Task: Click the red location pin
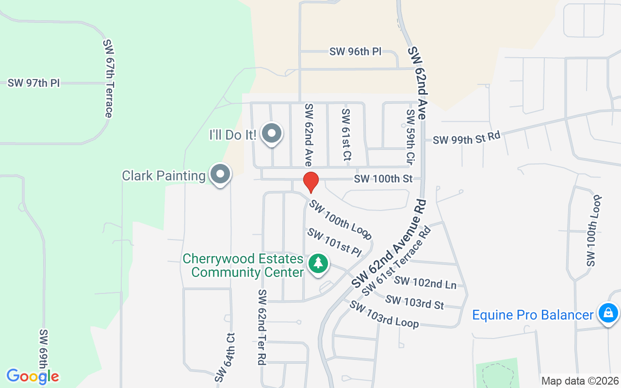(310, 182)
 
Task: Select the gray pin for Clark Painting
(220, 174)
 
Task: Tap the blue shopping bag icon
(607, 313)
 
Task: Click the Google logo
(33, 376)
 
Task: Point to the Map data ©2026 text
(580, 381)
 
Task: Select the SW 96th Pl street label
(356, 51)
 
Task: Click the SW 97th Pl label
(33, 83)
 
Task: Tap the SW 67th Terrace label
(108, 78)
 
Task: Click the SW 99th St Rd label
(466, 138)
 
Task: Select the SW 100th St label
(383, 179)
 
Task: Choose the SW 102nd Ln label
(425, 282)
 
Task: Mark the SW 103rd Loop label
(384, 314)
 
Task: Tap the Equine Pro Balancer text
(533, 315)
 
